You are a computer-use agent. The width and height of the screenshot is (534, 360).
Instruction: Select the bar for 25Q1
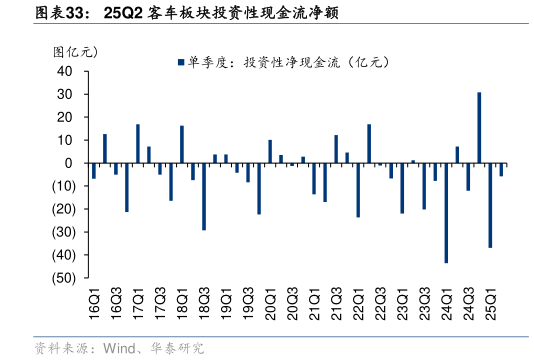490,205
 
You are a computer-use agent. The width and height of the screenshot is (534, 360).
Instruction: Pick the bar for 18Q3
204,196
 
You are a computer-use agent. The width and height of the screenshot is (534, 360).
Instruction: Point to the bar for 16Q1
94,171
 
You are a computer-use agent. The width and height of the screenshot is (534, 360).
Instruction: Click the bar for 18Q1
182,144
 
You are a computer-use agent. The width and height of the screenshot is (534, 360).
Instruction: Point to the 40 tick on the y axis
65,71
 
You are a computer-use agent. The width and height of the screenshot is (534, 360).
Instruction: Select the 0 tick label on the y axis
69,163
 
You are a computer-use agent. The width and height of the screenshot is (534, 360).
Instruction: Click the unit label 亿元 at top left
75,50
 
